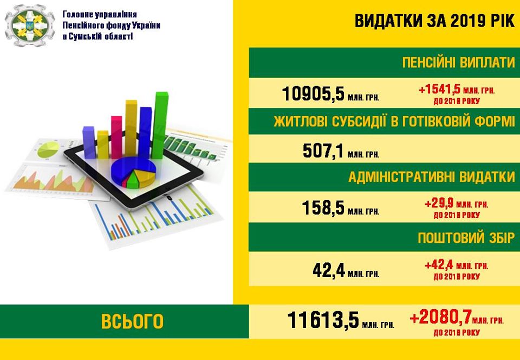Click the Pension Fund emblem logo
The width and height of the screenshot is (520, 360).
29,25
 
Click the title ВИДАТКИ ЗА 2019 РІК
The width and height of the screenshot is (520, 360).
434,21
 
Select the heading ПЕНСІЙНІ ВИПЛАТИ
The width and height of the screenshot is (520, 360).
459,62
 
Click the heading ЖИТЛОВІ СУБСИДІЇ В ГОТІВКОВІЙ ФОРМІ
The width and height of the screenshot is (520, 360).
394,121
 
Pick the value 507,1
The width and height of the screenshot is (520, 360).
323,151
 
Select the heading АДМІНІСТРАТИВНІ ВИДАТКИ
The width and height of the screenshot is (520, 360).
432,177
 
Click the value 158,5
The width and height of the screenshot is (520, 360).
323,208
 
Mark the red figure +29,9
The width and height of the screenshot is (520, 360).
439,203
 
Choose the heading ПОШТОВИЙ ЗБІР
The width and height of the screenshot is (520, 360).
466,238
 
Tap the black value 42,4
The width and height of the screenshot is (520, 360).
328,271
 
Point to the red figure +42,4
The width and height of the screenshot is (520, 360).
439,266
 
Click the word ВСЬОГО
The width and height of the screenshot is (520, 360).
132,321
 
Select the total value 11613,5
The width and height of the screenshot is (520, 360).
323,320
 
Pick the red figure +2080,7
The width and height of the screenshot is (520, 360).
440,318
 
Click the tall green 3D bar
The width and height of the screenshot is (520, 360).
160,125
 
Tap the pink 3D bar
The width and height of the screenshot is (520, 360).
116,137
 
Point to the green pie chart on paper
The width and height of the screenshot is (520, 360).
48,150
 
